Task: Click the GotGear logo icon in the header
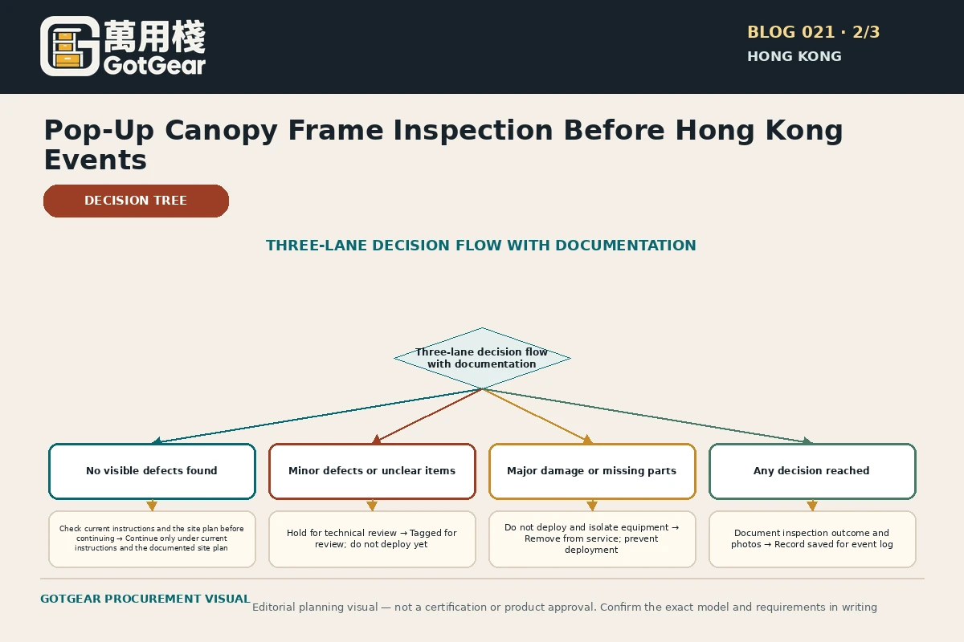tap(70, 46)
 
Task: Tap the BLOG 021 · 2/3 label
tap(813, 32)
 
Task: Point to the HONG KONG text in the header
tap(794, 56)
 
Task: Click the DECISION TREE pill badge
tap(136, 201)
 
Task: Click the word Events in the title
tap(96, 160)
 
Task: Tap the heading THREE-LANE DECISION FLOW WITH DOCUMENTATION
tap(480, 245)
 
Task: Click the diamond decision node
tap(482, 358)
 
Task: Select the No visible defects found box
tap(152, 471)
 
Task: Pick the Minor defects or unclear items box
tap(372, 471)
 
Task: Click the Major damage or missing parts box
tap(592, 471)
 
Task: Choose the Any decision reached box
tap(812, 471)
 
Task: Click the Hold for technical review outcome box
tap(372, 539)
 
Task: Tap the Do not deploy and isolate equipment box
tap(592, 539)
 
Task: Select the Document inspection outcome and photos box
tap(812, 539)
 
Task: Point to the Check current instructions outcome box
tap(152, 539)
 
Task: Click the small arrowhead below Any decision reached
tap(812, 506)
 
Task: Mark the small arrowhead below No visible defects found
tap(152, 506)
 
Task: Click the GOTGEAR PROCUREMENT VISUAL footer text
tap(145, 599)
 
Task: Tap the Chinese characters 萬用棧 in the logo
tap(154, 37)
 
